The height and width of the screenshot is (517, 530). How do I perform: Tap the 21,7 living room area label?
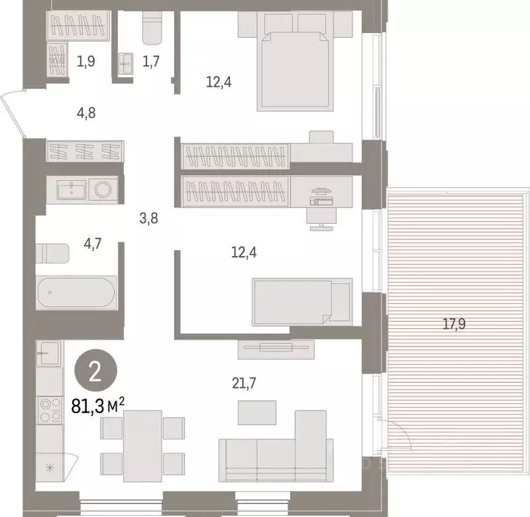[243, 384]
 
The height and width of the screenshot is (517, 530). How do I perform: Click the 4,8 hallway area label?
[86, 113]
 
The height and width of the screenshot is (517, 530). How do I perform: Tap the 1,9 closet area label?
[85, 63]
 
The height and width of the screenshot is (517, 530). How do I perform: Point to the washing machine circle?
[104, 189]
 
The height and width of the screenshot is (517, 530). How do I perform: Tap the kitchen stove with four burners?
[49, 410]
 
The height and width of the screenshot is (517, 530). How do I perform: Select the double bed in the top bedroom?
[295, 67]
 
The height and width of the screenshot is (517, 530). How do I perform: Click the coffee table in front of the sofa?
[257, 411]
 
